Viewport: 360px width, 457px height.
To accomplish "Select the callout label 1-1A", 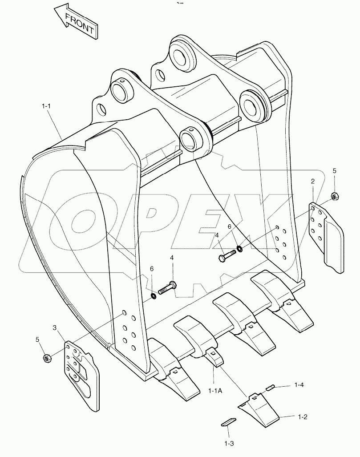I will point(215,391).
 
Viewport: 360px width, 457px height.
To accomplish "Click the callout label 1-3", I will point(229,444).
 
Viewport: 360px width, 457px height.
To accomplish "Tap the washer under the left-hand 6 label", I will point(153,296).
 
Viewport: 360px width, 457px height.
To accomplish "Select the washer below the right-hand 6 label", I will point(240,248).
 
